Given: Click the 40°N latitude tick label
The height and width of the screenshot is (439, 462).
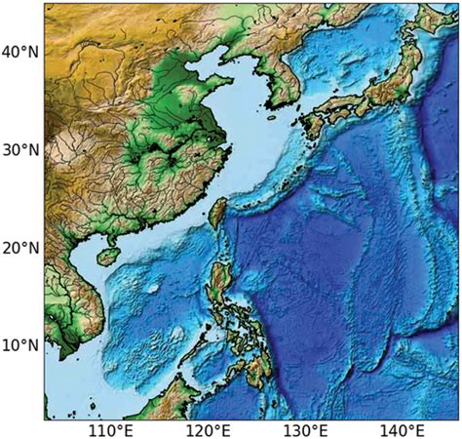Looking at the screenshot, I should tap(20, 52).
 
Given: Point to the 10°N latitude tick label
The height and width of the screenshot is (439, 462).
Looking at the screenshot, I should tap(20, 345).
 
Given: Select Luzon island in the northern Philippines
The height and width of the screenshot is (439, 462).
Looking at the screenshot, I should tap(219, 283).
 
